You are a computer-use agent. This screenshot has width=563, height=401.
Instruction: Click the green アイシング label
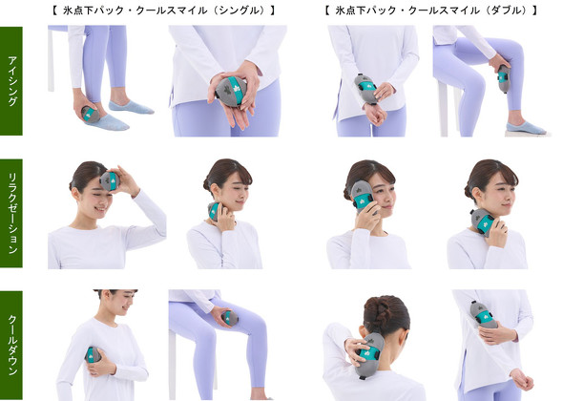pos(11,81)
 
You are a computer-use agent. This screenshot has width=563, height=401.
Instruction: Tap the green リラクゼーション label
pos(11,214)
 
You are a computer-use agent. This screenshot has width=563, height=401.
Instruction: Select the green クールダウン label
pos(11,346)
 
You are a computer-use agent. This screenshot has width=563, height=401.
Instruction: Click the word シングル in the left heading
pos(240,11)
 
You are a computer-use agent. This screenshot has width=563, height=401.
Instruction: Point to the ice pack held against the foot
pos(91,115)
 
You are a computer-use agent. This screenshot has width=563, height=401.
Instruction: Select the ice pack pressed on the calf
pos(504,79)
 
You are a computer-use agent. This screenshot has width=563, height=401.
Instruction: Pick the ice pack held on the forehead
pos(110,180)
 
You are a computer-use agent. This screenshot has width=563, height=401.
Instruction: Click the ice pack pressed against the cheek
pos(364,198)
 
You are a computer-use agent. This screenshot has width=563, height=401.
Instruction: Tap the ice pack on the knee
pos(229,318)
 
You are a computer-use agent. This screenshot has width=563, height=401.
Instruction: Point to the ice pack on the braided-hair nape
pos(368,355)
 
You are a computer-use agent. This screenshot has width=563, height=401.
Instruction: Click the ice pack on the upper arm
pos(484,315)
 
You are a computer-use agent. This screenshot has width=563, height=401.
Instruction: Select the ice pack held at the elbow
pos(93,355)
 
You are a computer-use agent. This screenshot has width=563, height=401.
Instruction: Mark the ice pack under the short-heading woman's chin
pos(214,211)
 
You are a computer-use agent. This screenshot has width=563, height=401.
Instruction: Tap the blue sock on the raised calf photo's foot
pos(526,128)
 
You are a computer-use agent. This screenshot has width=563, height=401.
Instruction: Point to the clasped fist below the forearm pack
pos(374,115)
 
